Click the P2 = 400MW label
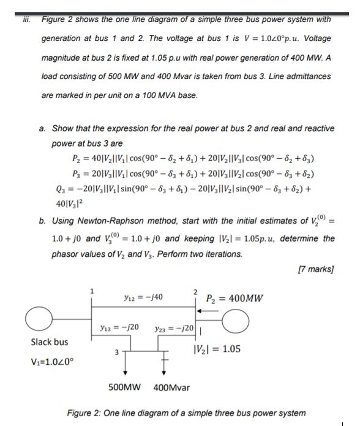coord(236,299)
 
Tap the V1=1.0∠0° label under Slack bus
coord(51,359)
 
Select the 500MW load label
coord(125,387)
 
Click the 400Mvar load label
coord(171,387)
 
